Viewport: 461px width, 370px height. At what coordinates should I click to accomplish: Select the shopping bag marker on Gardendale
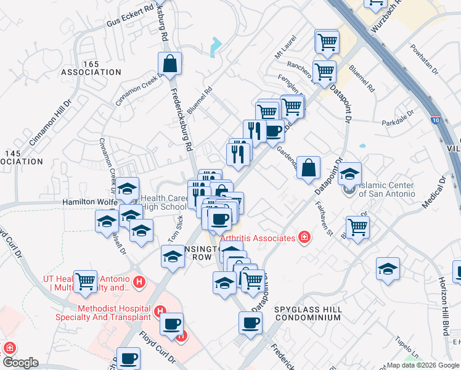[x=309, y=166]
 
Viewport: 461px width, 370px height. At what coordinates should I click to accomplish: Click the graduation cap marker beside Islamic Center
[x=349, y=174]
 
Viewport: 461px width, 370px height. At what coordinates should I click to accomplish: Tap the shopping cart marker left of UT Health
[x=86, y=281]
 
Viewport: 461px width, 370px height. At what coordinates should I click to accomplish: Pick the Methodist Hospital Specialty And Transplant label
[x=114, y=313]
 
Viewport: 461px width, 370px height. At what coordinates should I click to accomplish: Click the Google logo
[x=20, y=363]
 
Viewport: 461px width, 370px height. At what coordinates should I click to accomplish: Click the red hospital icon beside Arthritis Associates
[x=303, y=237]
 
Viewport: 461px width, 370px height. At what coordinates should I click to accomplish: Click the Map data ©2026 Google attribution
[x=423, y=365]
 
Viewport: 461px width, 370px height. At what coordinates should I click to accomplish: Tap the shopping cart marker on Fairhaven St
[x=357, y=228]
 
